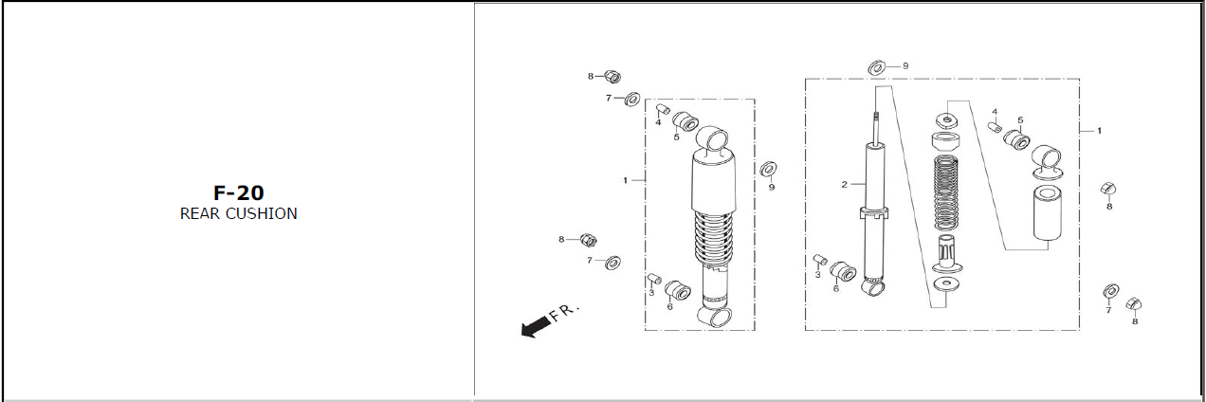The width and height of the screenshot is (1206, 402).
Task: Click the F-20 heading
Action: [x=239, y=192]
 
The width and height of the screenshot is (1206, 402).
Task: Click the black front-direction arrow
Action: [x=536, y=326]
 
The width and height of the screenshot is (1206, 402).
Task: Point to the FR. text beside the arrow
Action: [x=564, y=312]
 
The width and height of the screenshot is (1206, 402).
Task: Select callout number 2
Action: [x=844, y=185]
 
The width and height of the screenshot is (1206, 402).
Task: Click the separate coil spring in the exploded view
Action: [x=946, y=193]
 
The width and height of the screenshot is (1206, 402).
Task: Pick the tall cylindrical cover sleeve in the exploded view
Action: [x=1048, y=212]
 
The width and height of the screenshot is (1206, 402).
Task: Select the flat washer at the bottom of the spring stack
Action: [x=948, y=283]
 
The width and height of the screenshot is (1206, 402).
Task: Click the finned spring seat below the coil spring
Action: [x=947, y=254]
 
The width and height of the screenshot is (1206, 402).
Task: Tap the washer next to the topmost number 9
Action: [x=877, y=68]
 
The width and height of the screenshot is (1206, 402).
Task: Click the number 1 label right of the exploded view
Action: [x=1099, y=131]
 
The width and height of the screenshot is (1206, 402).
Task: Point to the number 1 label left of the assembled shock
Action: [x=625, y=180]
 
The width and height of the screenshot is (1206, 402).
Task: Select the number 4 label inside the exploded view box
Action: [x=995, y=112]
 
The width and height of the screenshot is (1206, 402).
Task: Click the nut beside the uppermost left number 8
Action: [x=612, y=77]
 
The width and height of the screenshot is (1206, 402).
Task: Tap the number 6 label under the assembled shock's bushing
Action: [x=669, y=307]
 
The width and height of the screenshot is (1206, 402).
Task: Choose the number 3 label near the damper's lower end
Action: [x=817, y=274]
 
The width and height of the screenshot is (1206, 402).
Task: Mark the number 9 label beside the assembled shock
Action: [x=771, y=188]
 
